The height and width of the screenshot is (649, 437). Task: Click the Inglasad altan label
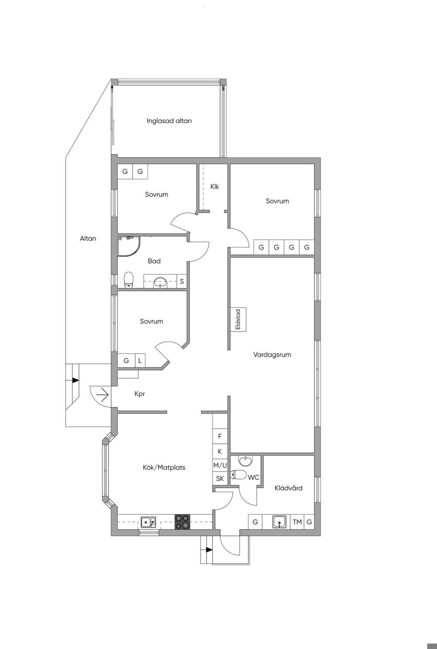coord(169,121)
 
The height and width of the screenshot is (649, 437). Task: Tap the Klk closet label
coord(215,186)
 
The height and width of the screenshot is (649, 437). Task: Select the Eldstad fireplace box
coord(238,320)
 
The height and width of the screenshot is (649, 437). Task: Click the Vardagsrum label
coord(272,355)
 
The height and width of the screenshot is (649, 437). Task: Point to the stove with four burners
coord(183,522)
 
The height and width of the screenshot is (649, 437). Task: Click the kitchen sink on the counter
coord(149,522)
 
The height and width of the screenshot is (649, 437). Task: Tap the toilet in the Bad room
coord(129,280)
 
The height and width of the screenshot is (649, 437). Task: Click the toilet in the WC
coord(239,474)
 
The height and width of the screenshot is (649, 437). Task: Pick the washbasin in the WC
coord(245,461)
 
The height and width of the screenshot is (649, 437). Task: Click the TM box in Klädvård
coord(297,522)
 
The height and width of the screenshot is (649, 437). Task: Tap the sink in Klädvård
coord(280,522)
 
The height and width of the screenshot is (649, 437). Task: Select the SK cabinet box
coord(220,479)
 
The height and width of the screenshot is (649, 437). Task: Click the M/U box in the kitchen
coord(220,465)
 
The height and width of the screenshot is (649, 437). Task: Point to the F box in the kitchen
coord(220,436)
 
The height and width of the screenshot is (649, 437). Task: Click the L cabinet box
coord(140,361)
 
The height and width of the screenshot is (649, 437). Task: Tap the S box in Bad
coord(182,282)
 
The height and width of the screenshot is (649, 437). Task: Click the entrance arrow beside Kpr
coord(102,396)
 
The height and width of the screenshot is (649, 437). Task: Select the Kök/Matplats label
coord(164,468)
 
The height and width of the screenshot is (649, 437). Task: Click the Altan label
coord(88,239)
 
